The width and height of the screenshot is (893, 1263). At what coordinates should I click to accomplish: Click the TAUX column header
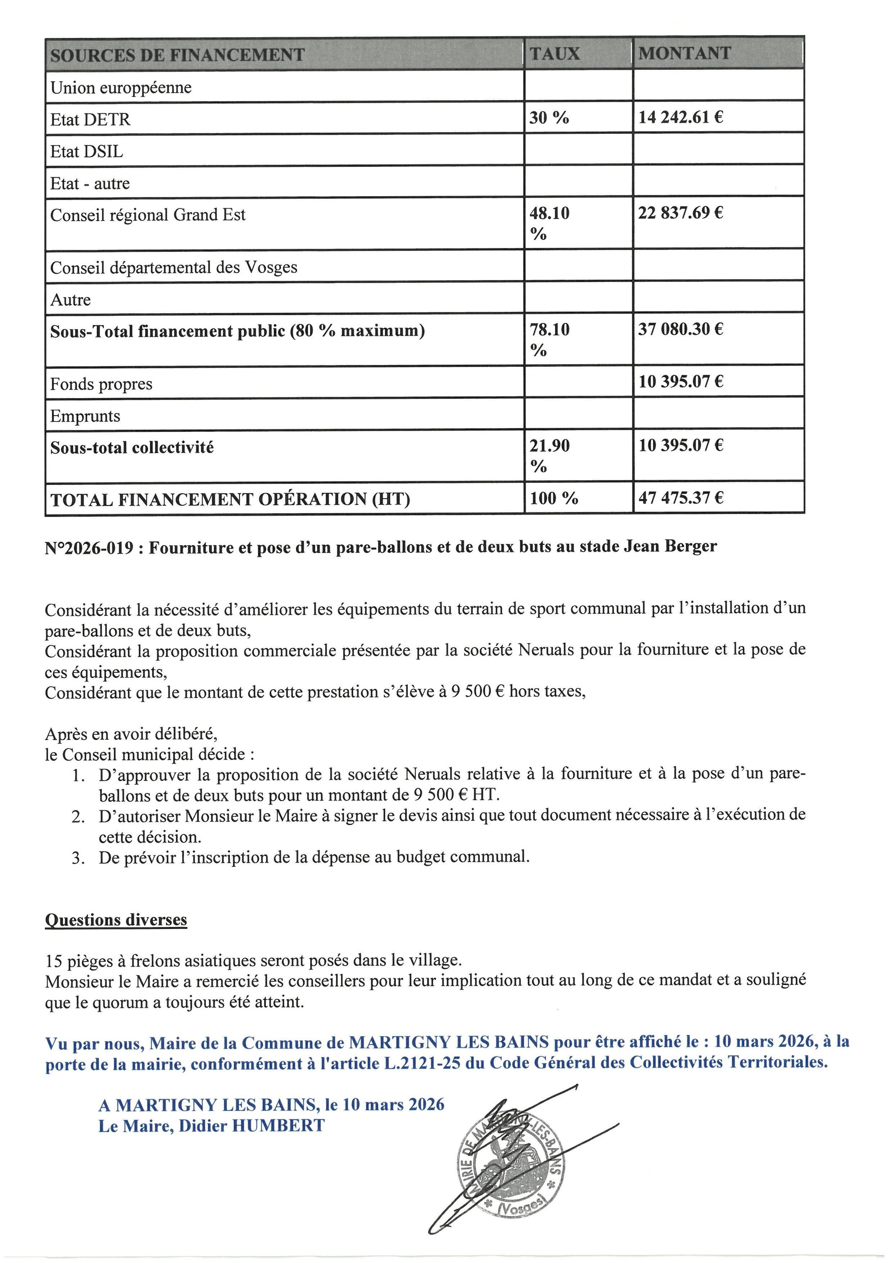[554, 53]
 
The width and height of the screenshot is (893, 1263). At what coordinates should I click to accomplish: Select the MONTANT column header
[685, 53]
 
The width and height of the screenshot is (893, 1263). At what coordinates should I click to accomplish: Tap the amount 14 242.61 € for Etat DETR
[681, 117]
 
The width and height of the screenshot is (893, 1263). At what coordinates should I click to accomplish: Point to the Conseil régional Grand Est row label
[147, 215]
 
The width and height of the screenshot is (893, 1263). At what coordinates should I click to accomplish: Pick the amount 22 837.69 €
[681, 213]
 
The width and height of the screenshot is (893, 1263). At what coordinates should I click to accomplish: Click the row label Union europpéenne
[121, 88]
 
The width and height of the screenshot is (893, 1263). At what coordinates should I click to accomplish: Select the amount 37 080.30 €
[681, 329]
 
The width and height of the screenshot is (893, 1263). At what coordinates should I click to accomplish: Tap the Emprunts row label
[85, 416]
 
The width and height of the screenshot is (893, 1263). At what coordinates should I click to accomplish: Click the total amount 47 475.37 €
[681, 498]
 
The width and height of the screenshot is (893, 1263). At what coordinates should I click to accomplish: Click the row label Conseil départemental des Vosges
[174, 267]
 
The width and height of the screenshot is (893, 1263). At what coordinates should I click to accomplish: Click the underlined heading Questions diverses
[116, 920]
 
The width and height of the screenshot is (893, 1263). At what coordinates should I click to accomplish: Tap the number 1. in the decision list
[78, 775]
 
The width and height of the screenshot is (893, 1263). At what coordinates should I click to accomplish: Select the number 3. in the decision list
[78, 858]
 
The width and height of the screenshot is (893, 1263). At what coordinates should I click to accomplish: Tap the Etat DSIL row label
[87, 151]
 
